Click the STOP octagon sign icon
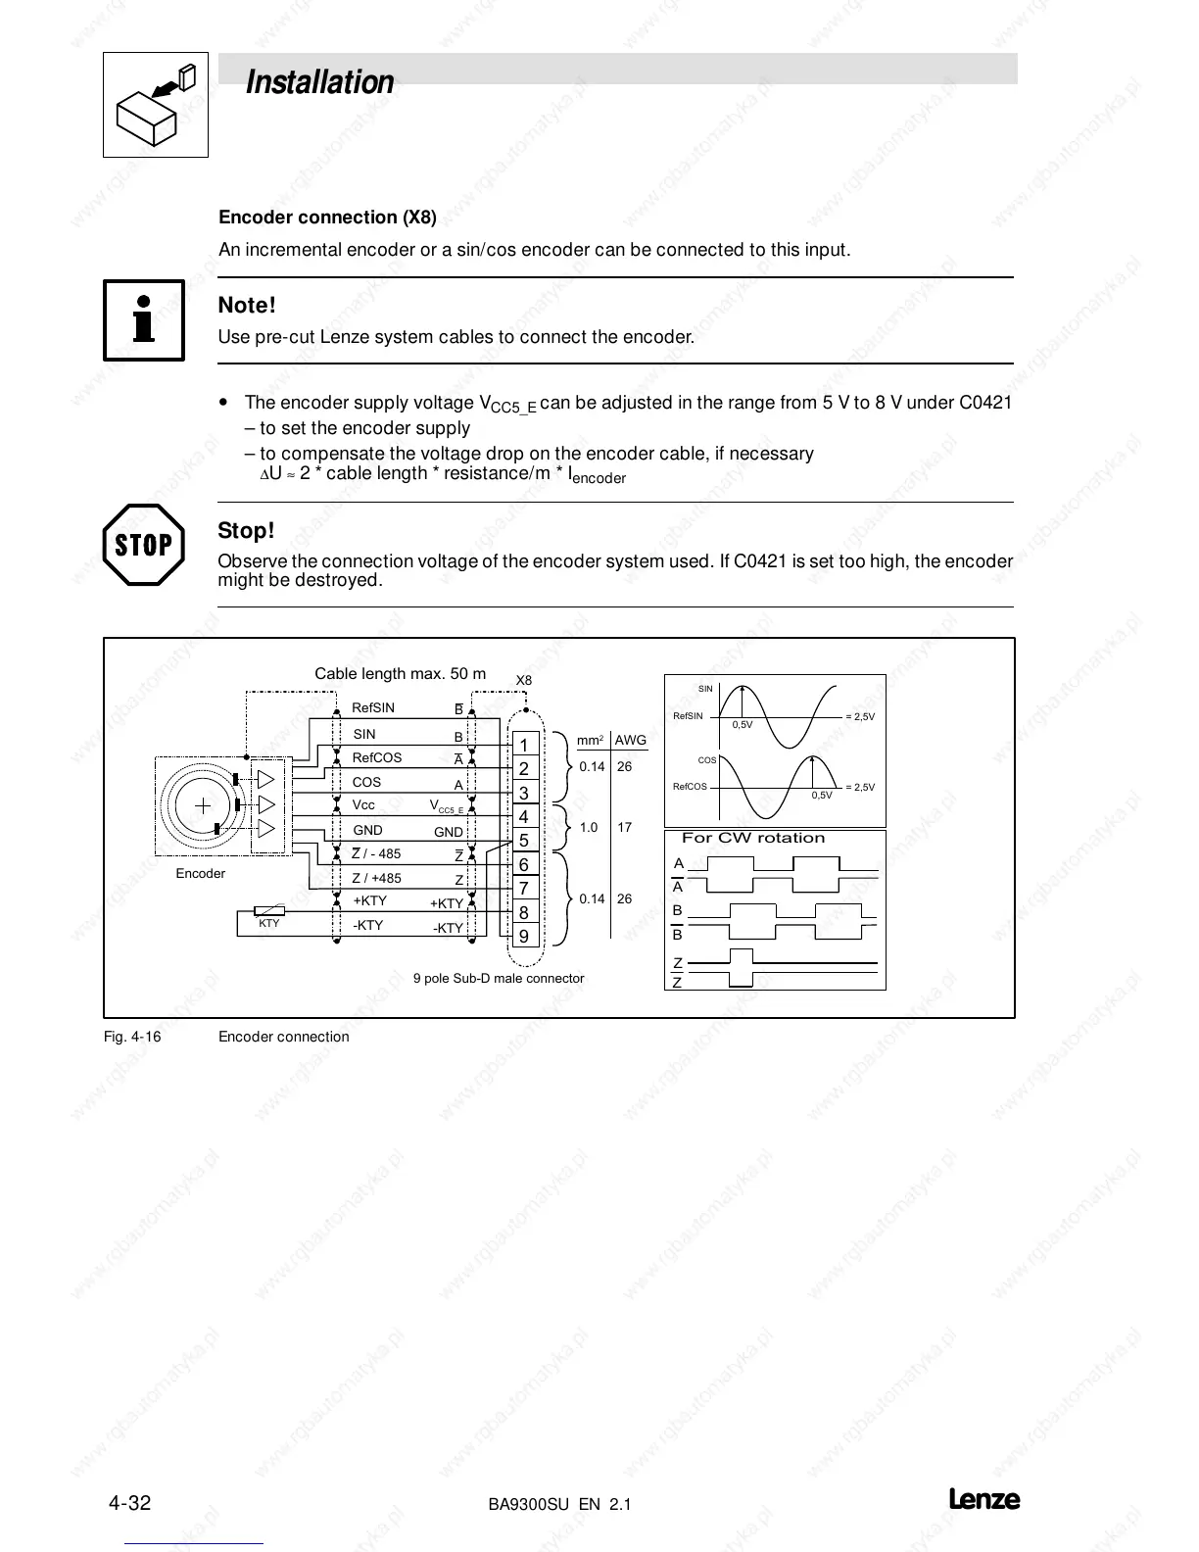143,545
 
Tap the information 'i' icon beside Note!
144,319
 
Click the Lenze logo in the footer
983,1500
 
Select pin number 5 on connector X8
524,840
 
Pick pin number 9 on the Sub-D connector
524,936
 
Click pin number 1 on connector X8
524,745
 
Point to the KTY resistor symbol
268,911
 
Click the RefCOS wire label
377,757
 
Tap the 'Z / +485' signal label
376,879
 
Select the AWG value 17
625,828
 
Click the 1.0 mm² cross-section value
589,828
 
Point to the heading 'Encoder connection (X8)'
327,218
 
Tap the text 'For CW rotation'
753,838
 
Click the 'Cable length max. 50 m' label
400,674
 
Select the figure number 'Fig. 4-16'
132,1037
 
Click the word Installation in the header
319,82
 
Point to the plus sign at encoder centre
203,805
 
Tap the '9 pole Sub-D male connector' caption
499,978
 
